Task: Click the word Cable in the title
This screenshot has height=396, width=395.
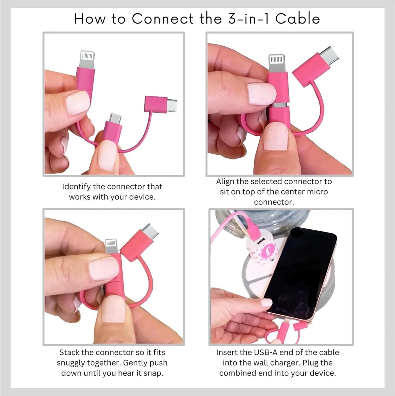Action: click(x=298, y=19)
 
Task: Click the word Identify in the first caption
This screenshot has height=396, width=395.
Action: click(x=76, y=187)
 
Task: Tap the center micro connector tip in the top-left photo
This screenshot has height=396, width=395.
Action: click(x=115, y=118)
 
